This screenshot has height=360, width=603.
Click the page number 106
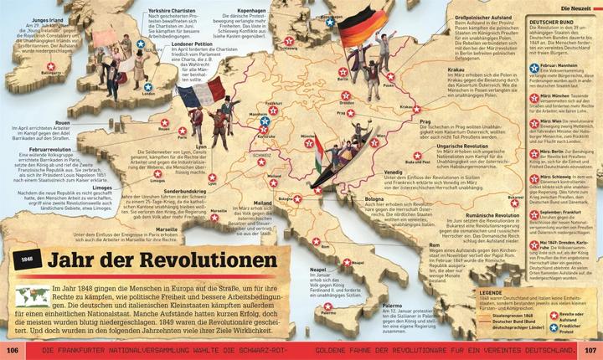click(13, 349)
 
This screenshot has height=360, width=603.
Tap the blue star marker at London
click(148, 86)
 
